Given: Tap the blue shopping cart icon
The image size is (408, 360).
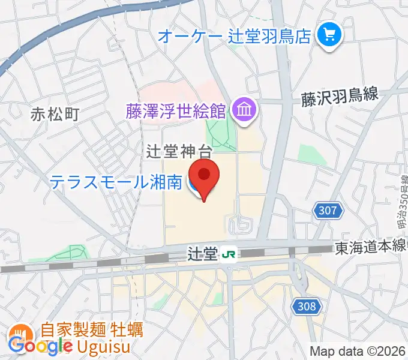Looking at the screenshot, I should pyautogui.click(x=329, y=34).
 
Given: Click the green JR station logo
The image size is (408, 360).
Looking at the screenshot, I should pyautogui.click(x=228, y=254).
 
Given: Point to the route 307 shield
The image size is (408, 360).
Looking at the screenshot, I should pyautogui.click(x=328, y=211).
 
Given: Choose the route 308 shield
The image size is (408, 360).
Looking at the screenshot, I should pyautogui.click(x=305, y=307).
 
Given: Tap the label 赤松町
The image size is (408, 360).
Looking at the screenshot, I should pyautogui.click(x=55, y=113).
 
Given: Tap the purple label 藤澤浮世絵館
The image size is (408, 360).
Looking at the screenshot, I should pyautogui.click(x=175, y=110).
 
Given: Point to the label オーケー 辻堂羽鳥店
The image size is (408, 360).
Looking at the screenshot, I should pyautogui.click(x=235, y=35).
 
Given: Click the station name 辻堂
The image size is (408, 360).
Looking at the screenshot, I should pyautogui.click(x=201, y=254).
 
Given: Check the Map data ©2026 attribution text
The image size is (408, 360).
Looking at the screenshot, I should pyautogui.click(x=358, y=352).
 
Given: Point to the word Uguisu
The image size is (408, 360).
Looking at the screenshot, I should pyautogui.click(x=109, y=346).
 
